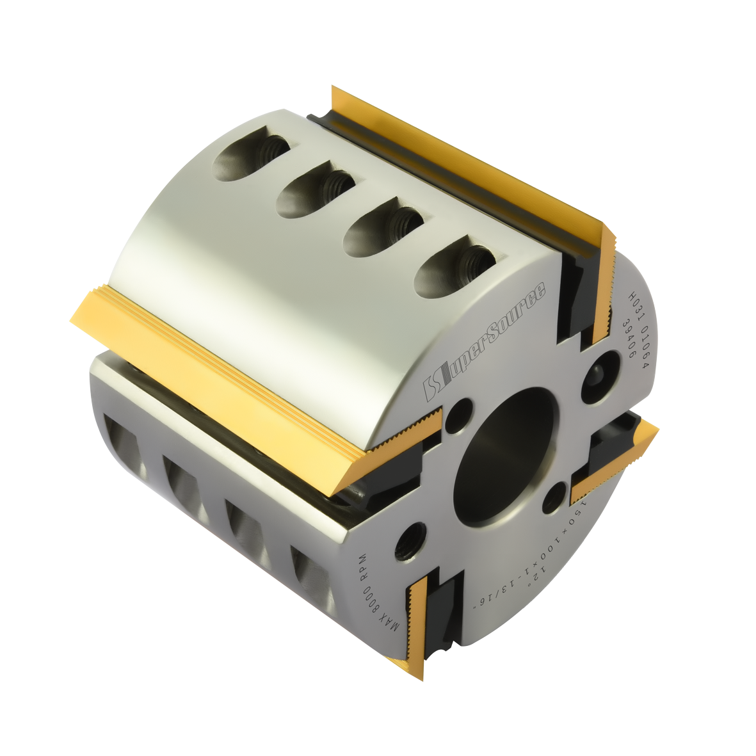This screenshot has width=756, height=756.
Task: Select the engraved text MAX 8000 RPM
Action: coord(377,593)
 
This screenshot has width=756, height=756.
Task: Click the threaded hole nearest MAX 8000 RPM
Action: coord(410,542)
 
